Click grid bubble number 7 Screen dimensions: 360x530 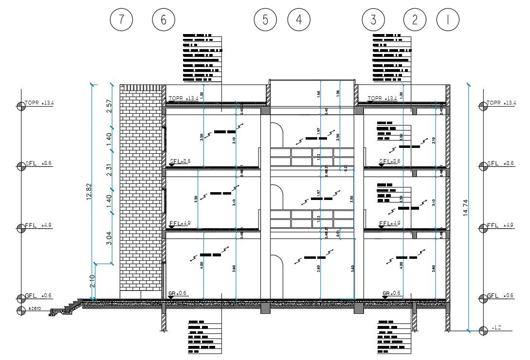click(122, 20)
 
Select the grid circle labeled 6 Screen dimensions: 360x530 click(164, 20)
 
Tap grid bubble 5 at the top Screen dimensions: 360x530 click(265, 20)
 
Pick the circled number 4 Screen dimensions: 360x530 click(299, 20)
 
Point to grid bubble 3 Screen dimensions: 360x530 click(373, 20)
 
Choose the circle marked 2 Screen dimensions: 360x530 click(415, 20)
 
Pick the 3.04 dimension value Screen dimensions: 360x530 click(109, 237)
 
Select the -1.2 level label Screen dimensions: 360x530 click(496, 328)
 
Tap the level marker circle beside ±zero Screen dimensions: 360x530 click(21, 310)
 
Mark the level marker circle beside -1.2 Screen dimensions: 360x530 click(482, 331)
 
